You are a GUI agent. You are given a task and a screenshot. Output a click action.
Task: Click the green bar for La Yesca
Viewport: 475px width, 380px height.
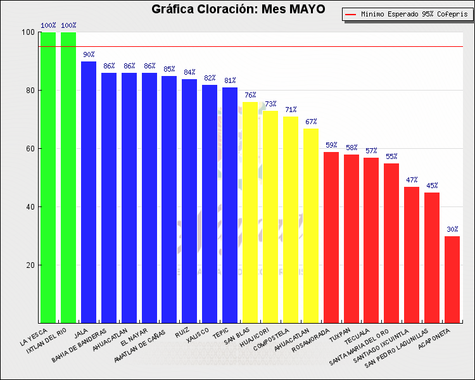click(x=48, y=177)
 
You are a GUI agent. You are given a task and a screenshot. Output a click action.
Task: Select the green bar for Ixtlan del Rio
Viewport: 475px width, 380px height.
click(x=68, y=177)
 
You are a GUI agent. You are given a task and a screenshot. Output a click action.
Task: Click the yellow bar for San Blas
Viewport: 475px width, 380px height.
click(x=250, y=212)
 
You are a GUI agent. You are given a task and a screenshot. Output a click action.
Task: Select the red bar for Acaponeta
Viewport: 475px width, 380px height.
click(x=452, y=279)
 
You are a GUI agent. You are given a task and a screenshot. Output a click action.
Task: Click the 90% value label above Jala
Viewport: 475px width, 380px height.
click(x=89, y=55)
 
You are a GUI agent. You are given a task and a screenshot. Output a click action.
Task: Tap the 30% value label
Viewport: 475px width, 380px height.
click(x=452, y=230)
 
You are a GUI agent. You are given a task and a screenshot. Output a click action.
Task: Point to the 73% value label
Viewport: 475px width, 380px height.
click(x=270, y=104)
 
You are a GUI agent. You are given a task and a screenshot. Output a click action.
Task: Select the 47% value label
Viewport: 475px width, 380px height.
click(x=412, y=180)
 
